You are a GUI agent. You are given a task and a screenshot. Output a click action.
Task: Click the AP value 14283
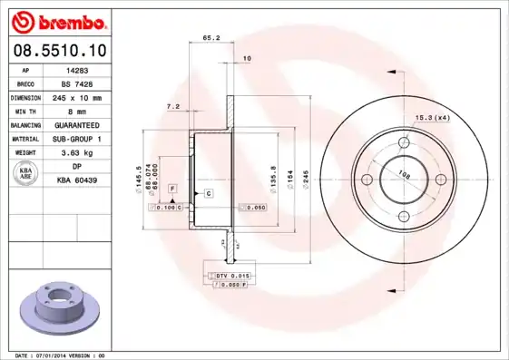click(x=77, y=69)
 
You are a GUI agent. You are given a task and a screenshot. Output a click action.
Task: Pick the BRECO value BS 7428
click(x=77, y=83)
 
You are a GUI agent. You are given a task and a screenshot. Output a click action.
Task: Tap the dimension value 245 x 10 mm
click(x=77, y=97)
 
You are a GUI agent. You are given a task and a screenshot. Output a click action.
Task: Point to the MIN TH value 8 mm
click(x=77, y=111)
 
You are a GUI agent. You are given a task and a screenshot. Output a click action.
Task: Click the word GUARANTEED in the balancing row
click(x=77, y=124)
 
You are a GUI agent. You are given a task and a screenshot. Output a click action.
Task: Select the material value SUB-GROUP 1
click(x=77, y=139)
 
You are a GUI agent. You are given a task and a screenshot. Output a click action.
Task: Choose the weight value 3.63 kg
click(x=77, y=153)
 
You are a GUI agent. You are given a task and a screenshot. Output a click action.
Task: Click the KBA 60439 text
click(x=77, y=181)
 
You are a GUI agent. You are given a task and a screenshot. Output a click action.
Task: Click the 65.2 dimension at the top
click(x=210, y=38)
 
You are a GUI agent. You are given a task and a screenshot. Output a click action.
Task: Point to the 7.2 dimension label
click(x=172, y=107)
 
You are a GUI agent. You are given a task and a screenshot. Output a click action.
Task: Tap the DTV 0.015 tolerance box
click(x=231, y=275)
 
